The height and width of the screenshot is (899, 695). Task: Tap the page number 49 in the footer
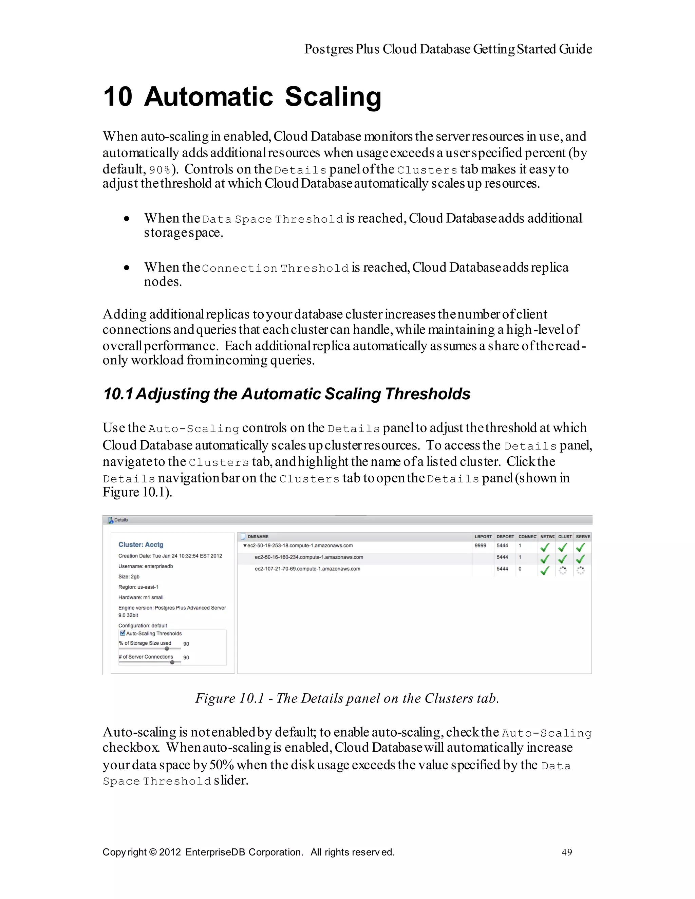tap(567, 852)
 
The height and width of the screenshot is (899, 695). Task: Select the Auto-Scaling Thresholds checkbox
tap(122, 633)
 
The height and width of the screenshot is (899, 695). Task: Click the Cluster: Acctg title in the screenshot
tap(141, 545)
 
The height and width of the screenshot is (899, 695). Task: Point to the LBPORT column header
tap(483, 536)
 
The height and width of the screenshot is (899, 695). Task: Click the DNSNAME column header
tap(258, 536)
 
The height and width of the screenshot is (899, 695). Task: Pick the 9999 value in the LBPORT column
tap(480, 546)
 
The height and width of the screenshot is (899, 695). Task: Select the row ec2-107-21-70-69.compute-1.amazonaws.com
tap(307, 569)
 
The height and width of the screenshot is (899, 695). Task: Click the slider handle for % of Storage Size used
tap(167, 649)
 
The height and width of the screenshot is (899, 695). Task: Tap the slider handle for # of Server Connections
tap(172, 662)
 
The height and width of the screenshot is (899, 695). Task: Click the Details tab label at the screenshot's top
tap(120, 520)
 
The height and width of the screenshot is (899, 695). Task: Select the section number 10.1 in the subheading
tap(118, 394)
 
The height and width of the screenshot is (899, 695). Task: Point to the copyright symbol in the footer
tap(153, 852)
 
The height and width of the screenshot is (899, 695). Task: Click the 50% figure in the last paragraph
tap(222, 765)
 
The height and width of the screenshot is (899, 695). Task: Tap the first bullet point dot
tap(127, 219)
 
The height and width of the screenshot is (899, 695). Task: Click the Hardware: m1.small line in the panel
tap(141, 597)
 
